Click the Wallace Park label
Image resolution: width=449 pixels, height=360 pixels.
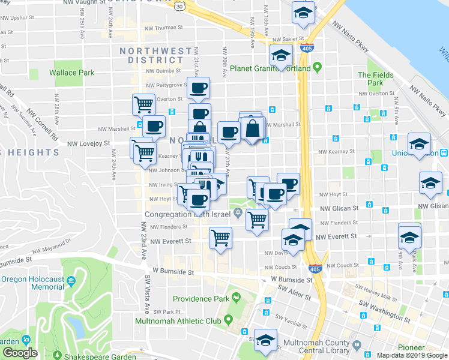[x=71, y=73]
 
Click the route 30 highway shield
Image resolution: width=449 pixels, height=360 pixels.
[x=179, y=6]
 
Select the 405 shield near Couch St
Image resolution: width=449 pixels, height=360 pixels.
[x=314, y=269]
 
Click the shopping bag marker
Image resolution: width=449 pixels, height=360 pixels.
[x=253, y=128]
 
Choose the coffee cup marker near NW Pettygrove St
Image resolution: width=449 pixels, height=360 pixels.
[x=198, y=88]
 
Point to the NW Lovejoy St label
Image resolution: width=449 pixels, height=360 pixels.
[x=88, y=144]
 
